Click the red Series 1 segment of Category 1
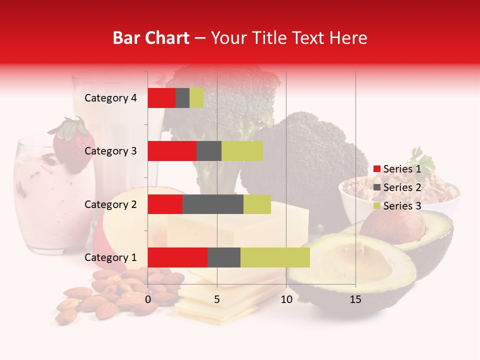click(177, 257)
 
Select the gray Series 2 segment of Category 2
click(213, 204)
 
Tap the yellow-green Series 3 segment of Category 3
click(242, 151)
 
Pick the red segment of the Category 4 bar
click(161, 98)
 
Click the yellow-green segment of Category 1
click(275, 257)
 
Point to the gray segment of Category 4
click(182, 98)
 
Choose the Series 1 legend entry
click(397, 169)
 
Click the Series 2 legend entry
click(397, 187)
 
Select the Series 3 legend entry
click(397, 206)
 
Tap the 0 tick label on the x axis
click(148, 299)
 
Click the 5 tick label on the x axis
click(217, 299)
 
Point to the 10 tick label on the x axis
click(286, 299)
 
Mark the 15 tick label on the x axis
click(355, 299)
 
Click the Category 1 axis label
click(110, 257)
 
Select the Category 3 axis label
click(110, 151)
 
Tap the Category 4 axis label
click(110, 98)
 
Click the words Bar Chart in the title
click(150, 38)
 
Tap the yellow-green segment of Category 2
click(257, 204)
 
